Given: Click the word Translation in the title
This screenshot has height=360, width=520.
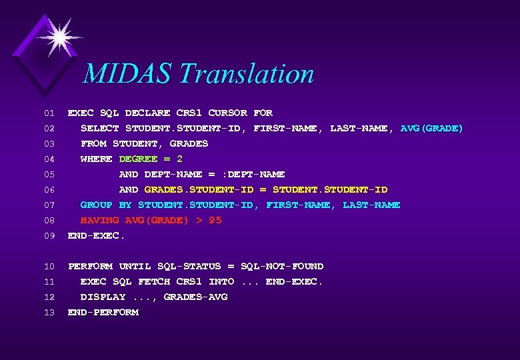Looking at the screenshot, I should pos(247,73).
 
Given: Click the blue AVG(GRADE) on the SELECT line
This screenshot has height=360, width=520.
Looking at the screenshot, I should pos(431,128).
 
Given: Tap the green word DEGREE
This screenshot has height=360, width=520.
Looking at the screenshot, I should pos(138,159).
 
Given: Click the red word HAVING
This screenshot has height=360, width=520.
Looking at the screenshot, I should pos(99,220).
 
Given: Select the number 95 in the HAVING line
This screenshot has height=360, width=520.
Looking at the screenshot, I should pos(215,220).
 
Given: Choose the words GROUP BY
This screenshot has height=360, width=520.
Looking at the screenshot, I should pos(106,205).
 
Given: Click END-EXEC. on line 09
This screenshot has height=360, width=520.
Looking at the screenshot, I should pos(97,235).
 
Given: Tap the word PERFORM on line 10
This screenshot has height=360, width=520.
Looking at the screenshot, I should pos(90,266).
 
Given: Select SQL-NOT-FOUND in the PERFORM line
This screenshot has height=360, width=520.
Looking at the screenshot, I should pos(282,266).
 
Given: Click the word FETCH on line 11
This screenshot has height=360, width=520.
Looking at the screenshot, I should pos(154,281).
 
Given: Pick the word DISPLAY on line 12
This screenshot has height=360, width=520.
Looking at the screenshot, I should pos(103,297).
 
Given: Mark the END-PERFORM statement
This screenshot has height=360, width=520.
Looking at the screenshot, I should pos(103,312).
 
